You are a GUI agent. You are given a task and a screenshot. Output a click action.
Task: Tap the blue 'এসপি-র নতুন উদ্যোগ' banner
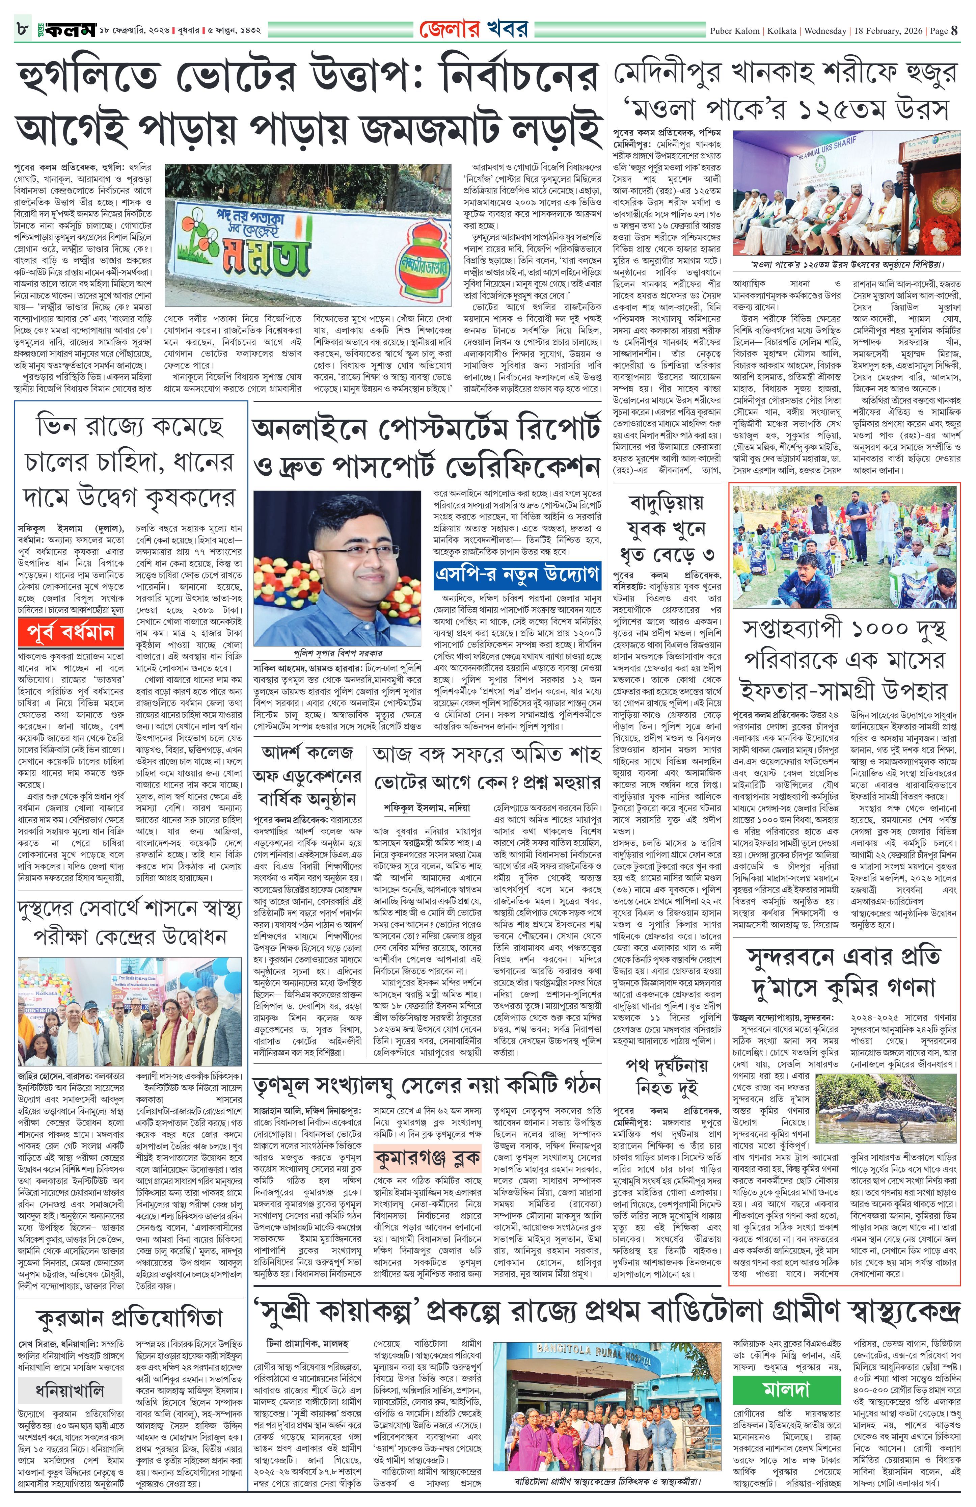click(516, 575)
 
